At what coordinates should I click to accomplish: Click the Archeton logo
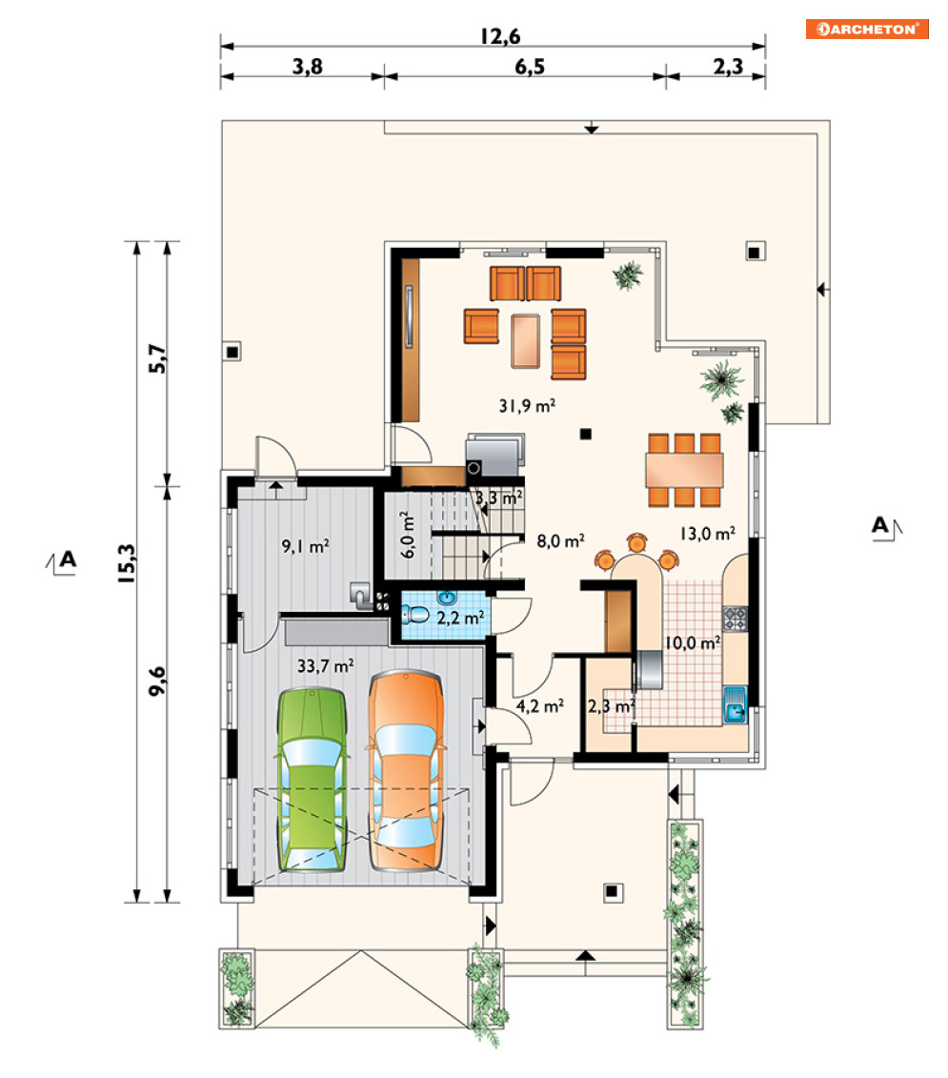(867, 29)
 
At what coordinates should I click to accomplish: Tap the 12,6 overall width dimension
(500, 36)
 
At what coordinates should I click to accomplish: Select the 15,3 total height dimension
(127, 563)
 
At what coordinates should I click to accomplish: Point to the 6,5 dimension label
(530, 67)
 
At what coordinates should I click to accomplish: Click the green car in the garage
(312, 781)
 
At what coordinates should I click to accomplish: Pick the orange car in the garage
(406, 771)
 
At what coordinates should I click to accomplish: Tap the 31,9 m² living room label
(527, 406)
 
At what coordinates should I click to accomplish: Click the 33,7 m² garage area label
(325, 665)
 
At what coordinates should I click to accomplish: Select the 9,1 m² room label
(305, 546)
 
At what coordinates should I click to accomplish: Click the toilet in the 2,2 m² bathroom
(415, 614)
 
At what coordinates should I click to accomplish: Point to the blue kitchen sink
(735, 703)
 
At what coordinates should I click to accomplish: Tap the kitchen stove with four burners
(735, 619)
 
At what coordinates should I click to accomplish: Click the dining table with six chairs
(684, 470)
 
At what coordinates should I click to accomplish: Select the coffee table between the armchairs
(525, 340)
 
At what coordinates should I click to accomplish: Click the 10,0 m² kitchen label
(693, 642)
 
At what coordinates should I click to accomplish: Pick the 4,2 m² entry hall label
(539, 706)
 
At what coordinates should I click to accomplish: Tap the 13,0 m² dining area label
(707, 534)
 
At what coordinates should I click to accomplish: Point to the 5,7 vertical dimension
(157, 358)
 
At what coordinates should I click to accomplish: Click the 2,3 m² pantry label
(611, 706)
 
